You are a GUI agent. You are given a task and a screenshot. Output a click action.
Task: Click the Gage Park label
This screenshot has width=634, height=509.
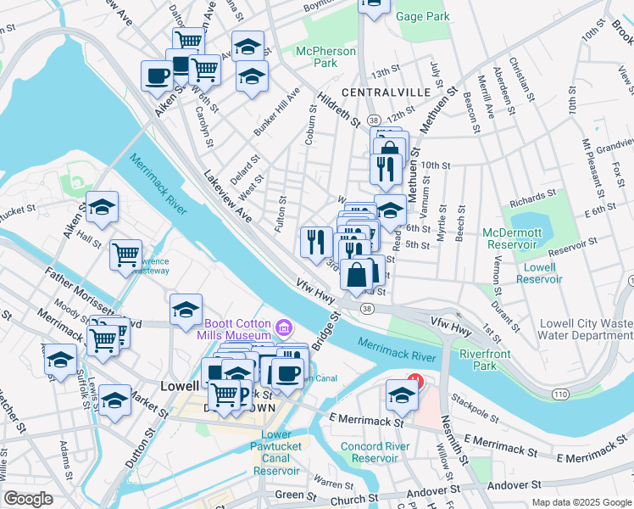click(422, 16)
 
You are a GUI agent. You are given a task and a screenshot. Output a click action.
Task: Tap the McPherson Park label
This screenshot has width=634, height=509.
click(325, 57)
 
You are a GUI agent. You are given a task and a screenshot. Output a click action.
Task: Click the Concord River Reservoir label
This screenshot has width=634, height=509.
click(370, 452)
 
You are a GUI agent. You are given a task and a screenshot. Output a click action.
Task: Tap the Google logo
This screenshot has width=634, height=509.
click(28, 499)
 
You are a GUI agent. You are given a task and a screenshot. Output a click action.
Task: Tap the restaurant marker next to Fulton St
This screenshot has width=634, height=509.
click(313, 240)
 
